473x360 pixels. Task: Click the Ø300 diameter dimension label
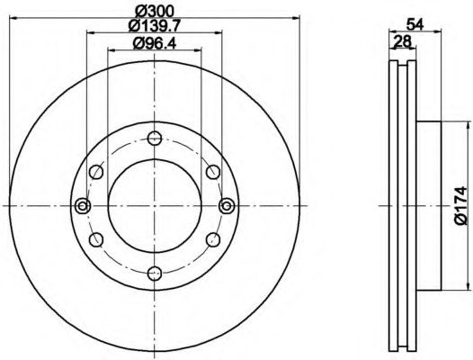[x=155, y=12]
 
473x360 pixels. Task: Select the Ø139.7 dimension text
[x=155, y=26]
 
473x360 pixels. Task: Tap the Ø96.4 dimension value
[x=155, y=44]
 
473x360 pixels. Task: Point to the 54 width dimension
[x=415, y=24]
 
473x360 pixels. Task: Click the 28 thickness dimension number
[x=403, y=41]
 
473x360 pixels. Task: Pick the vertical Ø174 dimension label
[x=460, y=206]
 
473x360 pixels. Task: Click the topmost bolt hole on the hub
[x=155, y=139]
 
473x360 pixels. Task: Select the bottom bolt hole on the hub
[x=155, y=274]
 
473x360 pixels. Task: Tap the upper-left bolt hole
[x=96, y=172]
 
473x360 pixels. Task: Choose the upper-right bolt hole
[x=213, y=172]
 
